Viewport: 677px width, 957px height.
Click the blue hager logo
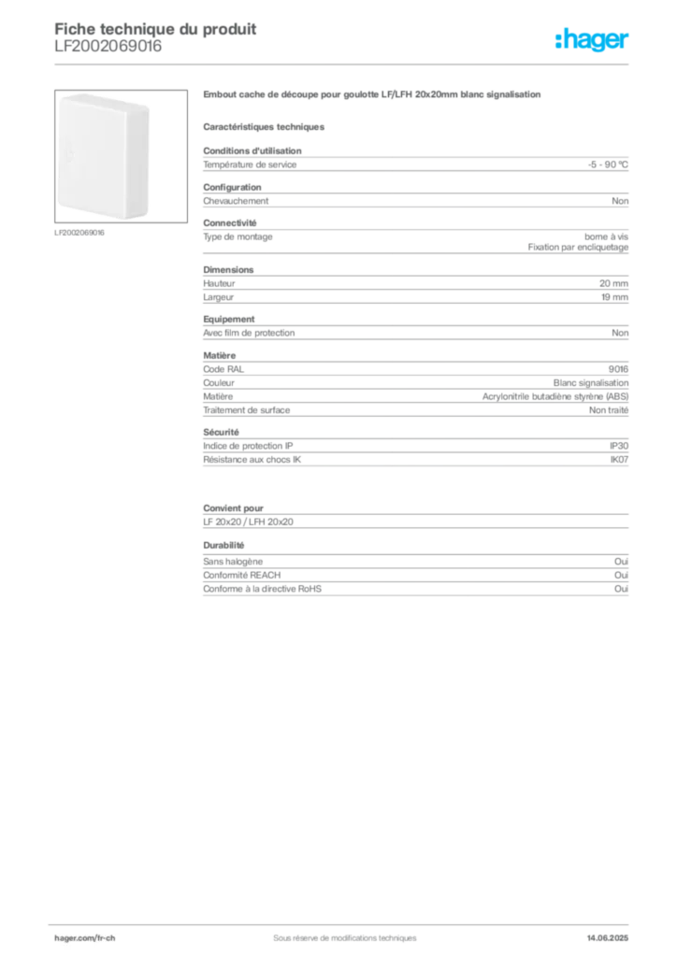pyautogui.click(x=593, y=40)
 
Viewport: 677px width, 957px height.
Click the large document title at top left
pyautogui.click(x=155, y=27)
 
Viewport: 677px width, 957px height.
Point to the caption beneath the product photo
pyautogui.click(x=82, y=233)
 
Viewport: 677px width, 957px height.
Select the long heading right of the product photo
pyautogui.click(x=374, y=95)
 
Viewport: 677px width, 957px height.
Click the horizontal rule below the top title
pyautogui.click(x=344, y=64)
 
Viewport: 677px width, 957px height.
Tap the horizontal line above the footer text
pyautogui.click(x=344, y=921)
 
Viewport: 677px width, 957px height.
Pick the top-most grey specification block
pyautogui.click(x=415, y=164)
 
